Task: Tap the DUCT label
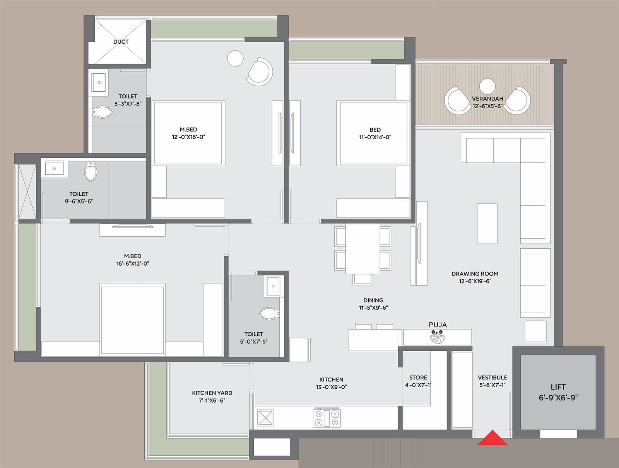pos(121,42)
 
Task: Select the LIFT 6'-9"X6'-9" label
pos(558,392)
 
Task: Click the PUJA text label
pos(438,325)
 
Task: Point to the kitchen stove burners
pos(327,418)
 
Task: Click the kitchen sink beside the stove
pos(265,418)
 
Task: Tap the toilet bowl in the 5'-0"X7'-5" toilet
pos(270,313)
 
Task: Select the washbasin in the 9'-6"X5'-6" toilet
pos(54,169)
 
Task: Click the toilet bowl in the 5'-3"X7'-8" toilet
pos(103,113)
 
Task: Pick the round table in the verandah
pos(487,86)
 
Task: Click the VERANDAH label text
pos(487,99)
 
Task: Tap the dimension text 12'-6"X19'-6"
pos(475,281)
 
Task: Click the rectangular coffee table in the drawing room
pos(487,224)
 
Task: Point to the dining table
pos(363,249)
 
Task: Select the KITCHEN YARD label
pos(212,393)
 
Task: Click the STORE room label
pos(418,377)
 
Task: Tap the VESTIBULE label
pos(492,377)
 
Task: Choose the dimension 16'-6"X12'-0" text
pos(132,264)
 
